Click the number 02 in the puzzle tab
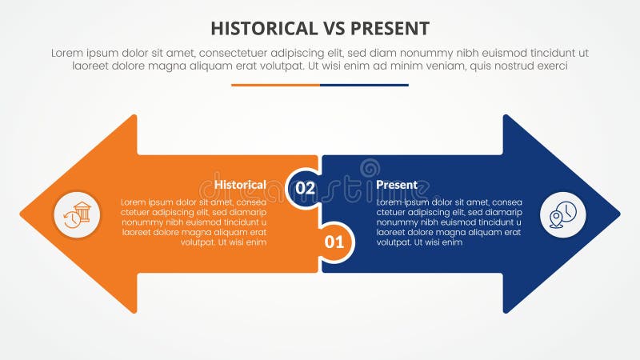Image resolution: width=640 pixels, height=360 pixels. pyautogui.click(x=306, y=188)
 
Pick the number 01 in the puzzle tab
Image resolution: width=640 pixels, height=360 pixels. pyautogui.click(x=335, y=240)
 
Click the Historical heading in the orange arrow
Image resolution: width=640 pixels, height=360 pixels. pyautogui.click(x=240, y=185)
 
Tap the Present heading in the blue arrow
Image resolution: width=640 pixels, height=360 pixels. pyautogui.click(x=397, y=185)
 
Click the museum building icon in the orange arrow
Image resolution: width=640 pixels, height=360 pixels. pyautogui.click(x=77, y=214)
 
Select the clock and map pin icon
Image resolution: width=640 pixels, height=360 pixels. pyautogui.click(x=563, y=214)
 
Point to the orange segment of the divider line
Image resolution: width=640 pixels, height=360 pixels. pyautogui.click(x=275, y=85)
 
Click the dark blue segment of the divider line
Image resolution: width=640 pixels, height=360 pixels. pyautogui.click(x=364, y=85)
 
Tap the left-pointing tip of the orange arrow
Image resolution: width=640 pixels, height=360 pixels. pyautogui.click(x=22, y=214)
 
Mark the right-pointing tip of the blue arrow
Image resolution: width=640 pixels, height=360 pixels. pyautogui.click(x=618, y=214)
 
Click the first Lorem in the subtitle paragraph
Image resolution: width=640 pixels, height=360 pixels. pyautogui.click(x=68, y=53)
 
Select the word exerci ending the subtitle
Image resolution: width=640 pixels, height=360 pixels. pyautogui.click(x=551, y=66)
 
